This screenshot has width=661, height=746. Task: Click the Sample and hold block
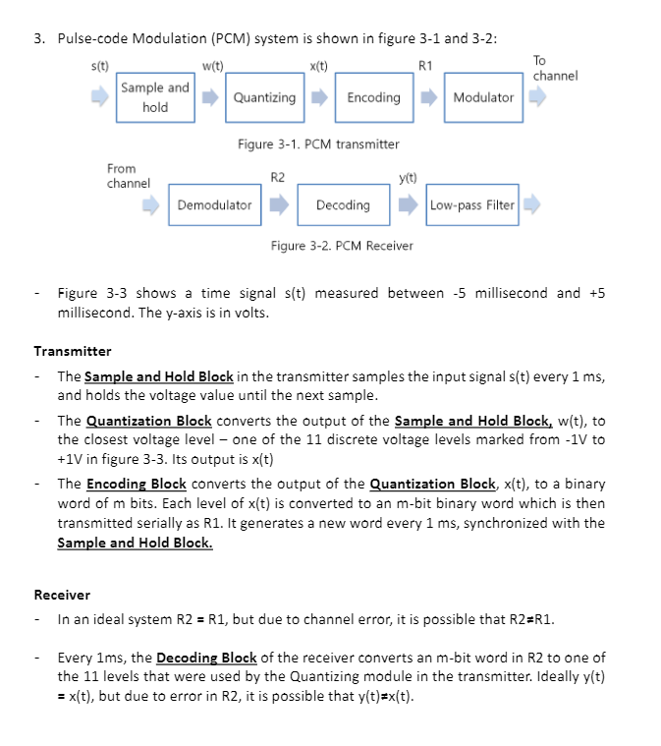point(155,97)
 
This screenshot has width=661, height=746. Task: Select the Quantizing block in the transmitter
point(264,97)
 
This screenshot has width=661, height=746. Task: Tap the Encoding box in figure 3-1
point(373,97)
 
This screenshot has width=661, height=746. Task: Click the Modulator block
point(483,97)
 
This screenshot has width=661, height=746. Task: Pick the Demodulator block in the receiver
point(214,205)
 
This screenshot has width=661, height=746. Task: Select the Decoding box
point(343,205)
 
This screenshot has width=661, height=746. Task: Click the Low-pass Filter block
point(471,205)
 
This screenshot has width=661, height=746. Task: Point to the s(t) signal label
point(100,66)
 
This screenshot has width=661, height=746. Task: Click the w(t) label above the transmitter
point(212,66)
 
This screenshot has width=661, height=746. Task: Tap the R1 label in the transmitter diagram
point(425,66)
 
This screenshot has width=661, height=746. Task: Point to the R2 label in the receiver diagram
point(277,177)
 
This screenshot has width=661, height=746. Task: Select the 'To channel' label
point(555,68)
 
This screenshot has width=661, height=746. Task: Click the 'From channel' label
point(129,176)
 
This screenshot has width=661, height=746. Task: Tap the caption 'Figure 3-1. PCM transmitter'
point(318,144)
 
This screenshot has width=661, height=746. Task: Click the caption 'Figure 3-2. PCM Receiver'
point(342,246)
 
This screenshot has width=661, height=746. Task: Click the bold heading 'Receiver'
point(62,595)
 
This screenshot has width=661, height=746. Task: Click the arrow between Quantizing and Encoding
point(319,97)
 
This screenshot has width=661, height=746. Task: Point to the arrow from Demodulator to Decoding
point(278,205)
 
